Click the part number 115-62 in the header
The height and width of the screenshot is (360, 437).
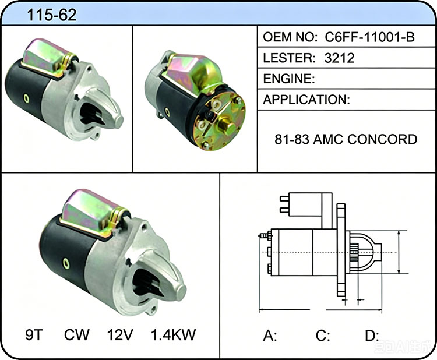pyautogui.click(x=52, y=15)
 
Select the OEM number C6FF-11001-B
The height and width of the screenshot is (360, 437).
pyautogui.click(x=370, y=37)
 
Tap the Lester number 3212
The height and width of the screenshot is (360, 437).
pyautogui.click(x=340, y=58)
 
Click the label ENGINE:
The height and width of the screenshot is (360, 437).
pyautogui.click(x=289, y=79)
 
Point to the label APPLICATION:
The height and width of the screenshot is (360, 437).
pyautogui.click(x=306, y=100)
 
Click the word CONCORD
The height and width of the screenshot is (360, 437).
pyautogui.click(x=383, y=139)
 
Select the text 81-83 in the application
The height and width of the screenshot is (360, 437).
pyautogui.click(x=292, y=139)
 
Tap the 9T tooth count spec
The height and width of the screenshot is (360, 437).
pyautogui.click(x=34, y=334)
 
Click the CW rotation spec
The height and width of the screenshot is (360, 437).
pyautogui.click(x=77, y=334)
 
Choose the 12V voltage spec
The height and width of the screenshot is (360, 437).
pyautogui.click(x=120, y=334)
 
